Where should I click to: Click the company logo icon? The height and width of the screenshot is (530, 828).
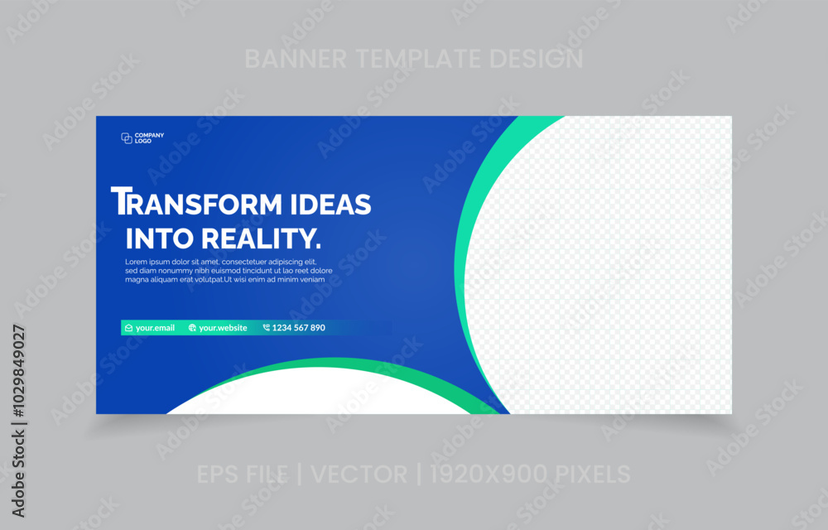[127, 138]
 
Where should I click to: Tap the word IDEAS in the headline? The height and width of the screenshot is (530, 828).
[331, 205]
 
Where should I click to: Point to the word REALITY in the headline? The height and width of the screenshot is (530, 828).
[262, 238]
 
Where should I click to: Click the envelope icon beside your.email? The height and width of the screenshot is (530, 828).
[128, 328]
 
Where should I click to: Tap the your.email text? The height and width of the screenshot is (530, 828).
[156, 328]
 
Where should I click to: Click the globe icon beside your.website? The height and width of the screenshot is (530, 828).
[192, 328]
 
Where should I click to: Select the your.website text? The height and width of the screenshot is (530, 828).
[223, 328]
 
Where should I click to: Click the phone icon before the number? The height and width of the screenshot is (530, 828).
[266, 328]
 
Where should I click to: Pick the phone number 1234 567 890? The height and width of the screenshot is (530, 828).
[298, 328]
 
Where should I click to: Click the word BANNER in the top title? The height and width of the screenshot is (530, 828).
[296, 59]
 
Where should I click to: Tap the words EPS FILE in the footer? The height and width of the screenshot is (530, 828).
[243, 474]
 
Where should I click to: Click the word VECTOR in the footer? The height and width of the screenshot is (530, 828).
[359, 474]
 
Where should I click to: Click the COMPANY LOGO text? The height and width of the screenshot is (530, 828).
[149, 138]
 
